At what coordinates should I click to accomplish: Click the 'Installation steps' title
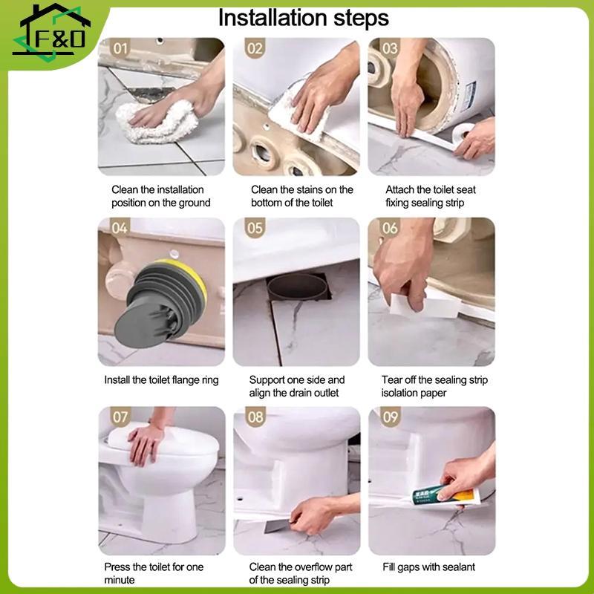(x=304, y=18)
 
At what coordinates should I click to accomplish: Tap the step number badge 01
(x=120, y=48)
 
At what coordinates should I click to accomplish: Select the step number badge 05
(x=255, y=228)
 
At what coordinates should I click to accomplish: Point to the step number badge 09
(x=391, y=417)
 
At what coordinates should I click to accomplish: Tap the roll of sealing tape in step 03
(x=462, y=134)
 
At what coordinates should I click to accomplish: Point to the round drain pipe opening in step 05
(x=298, y=287)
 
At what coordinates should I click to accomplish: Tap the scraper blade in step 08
(x=277, y=526)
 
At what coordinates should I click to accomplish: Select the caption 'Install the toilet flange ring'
(x=161, y=380)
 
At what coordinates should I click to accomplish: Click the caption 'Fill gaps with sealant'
(x=428, y=567)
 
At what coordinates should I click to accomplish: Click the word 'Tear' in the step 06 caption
(x=392, y=380)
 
